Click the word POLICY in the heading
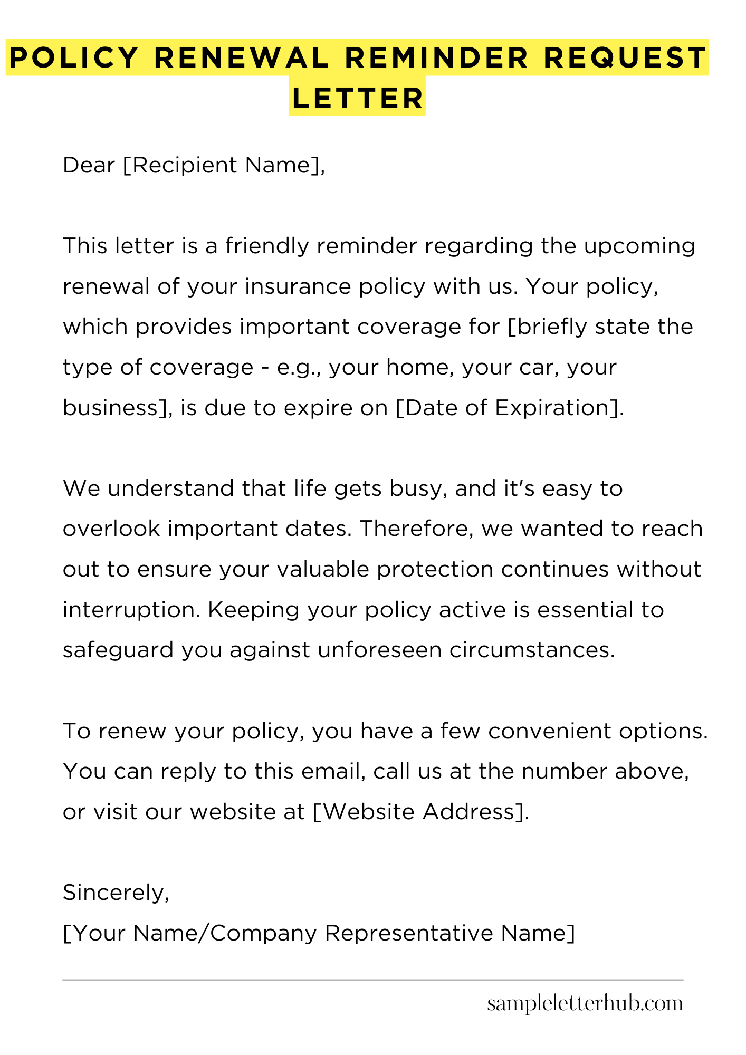[x=74, y=57]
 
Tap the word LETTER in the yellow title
[x=357, y=98]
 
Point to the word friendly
[x=267, y=246]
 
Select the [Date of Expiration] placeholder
[x=509, y=408]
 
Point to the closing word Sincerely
[x=116, y=893]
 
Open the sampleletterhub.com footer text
[x=585, y=1003]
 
